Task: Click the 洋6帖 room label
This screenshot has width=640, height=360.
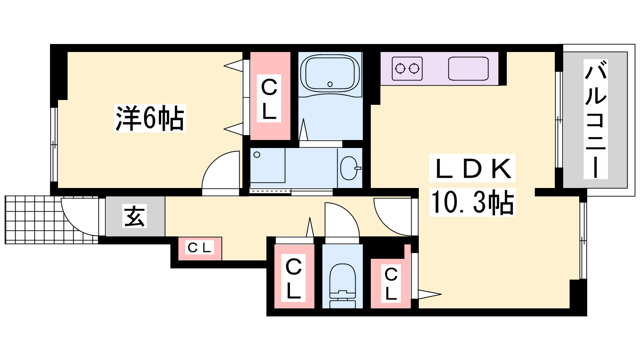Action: click(x=150, y=118)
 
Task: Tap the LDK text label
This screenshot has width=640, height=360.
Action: click(x=472, y=168)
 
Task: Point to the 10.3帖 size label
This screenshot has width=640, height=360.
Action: click(x=472, y=202)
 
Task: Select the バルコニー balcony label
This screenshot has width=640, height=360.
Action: click(x=596, y=119)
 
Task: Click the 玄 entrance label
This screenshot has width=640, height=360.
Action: click(x=134, y=216)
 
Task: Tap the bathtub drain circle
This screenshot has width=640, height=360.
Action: click(x=330, y=84)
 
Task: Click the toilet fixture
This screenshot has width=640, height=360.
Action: click(x=342, y=286)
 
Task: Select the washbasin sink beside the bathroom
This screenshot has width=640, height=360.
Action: click(x=350, y=168)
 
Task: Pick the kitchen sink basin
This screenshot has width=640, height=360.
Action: click(x=468, y=69)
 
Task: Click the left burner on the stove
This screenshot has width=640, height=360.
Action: click(x=400, y=69)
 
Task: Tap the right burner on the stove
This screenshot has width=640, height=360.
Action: click(x=414, y=69)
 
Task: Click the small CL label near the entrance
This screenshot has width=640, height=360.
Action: click(x=200, y=248)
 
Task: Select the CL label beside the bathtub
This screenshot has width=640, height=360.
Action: click(x=269, y=98)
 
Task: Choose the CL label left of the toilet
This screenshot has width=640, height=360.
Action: click(x=294, y=278)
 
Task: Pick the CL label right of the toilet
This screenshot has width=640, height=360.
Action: click(x=391, y=284)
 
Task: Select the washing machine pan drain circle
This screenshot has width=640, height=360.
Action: click(x=257, y=155)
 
